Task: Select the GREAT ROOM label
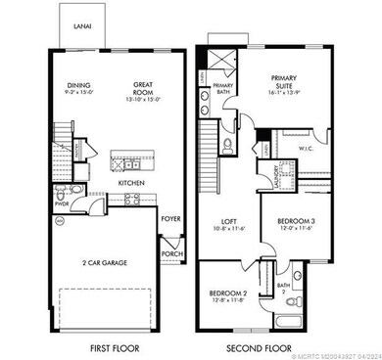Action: tap(144, 87)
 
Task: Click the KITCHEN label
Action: tap(132, 182)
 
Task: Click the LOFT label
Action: tap(227, 221)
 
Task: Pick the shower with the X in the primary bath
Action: tap(223, 58)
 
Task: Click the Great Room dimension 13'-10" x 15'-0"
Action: tap(144, 98)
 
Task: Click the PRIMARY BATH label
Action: tap(224, 88)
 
